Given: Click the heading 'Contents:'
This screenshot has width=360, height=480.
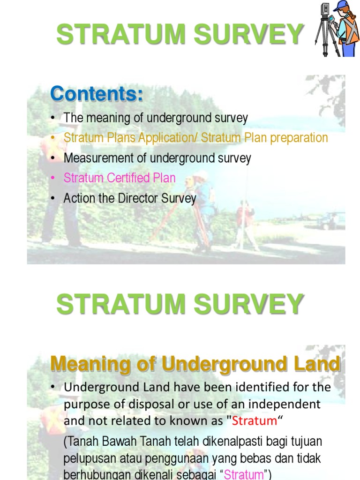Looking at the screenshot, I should [x=97, y=94].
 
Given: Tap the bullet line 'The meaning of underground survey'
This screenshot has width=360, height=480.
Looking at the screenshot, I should [x=156, y=118].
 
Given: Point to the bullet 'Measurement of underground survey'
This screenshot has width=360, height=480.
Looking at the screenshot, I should [x=157, y=158].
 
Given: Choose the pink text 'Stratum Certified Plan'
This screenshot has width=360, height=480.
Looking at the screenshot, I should [x=120, y=178].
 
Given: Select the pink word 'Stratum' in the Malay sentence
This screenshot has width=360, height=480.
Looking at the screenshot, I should [x=244, y=474].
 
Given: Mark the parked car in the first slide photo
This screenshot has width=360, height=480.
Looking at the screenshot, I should [x=332, y=221].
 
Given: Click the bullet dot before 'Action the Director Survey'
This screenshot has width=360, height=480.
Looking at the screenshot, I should [x=54, y=198].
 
